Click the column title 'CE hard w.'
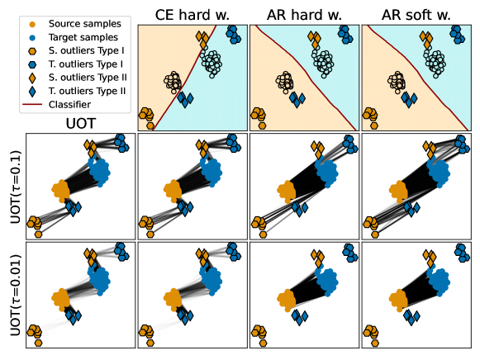pyautogui.click(x=192, y=15)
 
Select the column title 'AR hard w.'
pyautogui.click(x=304, y=15)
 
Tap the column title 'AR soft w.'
pyautogui.click(x=416, y=15)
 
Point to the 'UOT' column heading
pyautogui.click(x=81, y=124)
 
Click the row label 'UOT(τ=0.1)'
pyautogui.click(x=16, y=187)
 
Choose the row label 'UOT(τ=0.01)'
pyautogui.click(x=16, y=295)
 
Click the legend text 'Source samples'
pyautogui.click(x=85, y=24)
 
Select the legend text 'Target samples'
pyautogui.click(x=83, y=37)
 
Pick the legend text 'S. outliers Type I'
pyautogui.click(x=86, y=50)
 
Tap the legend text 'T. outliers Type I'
pyautogui.click(x=86, y=64)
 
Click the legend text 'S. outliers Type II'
pyautogui.click(x=88, y=78)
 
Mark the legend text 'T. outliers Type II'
pyautogui.click(x=87, y=91)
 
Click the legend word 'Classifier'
pyautogui.click(x=69, y=105)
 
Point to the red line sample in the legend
pyautogui.click(x=32, y=105)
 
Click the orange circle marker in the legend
pyautogui.click(x=32, y=24)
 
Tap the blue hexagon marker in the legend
pyautogui.click(x=32, y=64)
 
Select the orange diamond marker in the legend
pyautogui.click(x=32, y=78)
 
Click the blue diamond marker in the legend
pyautogui.click(x=32, y=92)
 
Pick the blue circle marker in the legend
pyautogui.click(x=32, y=38)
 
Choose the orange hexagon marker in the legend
pyautogui.click(x=32, y=51)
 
